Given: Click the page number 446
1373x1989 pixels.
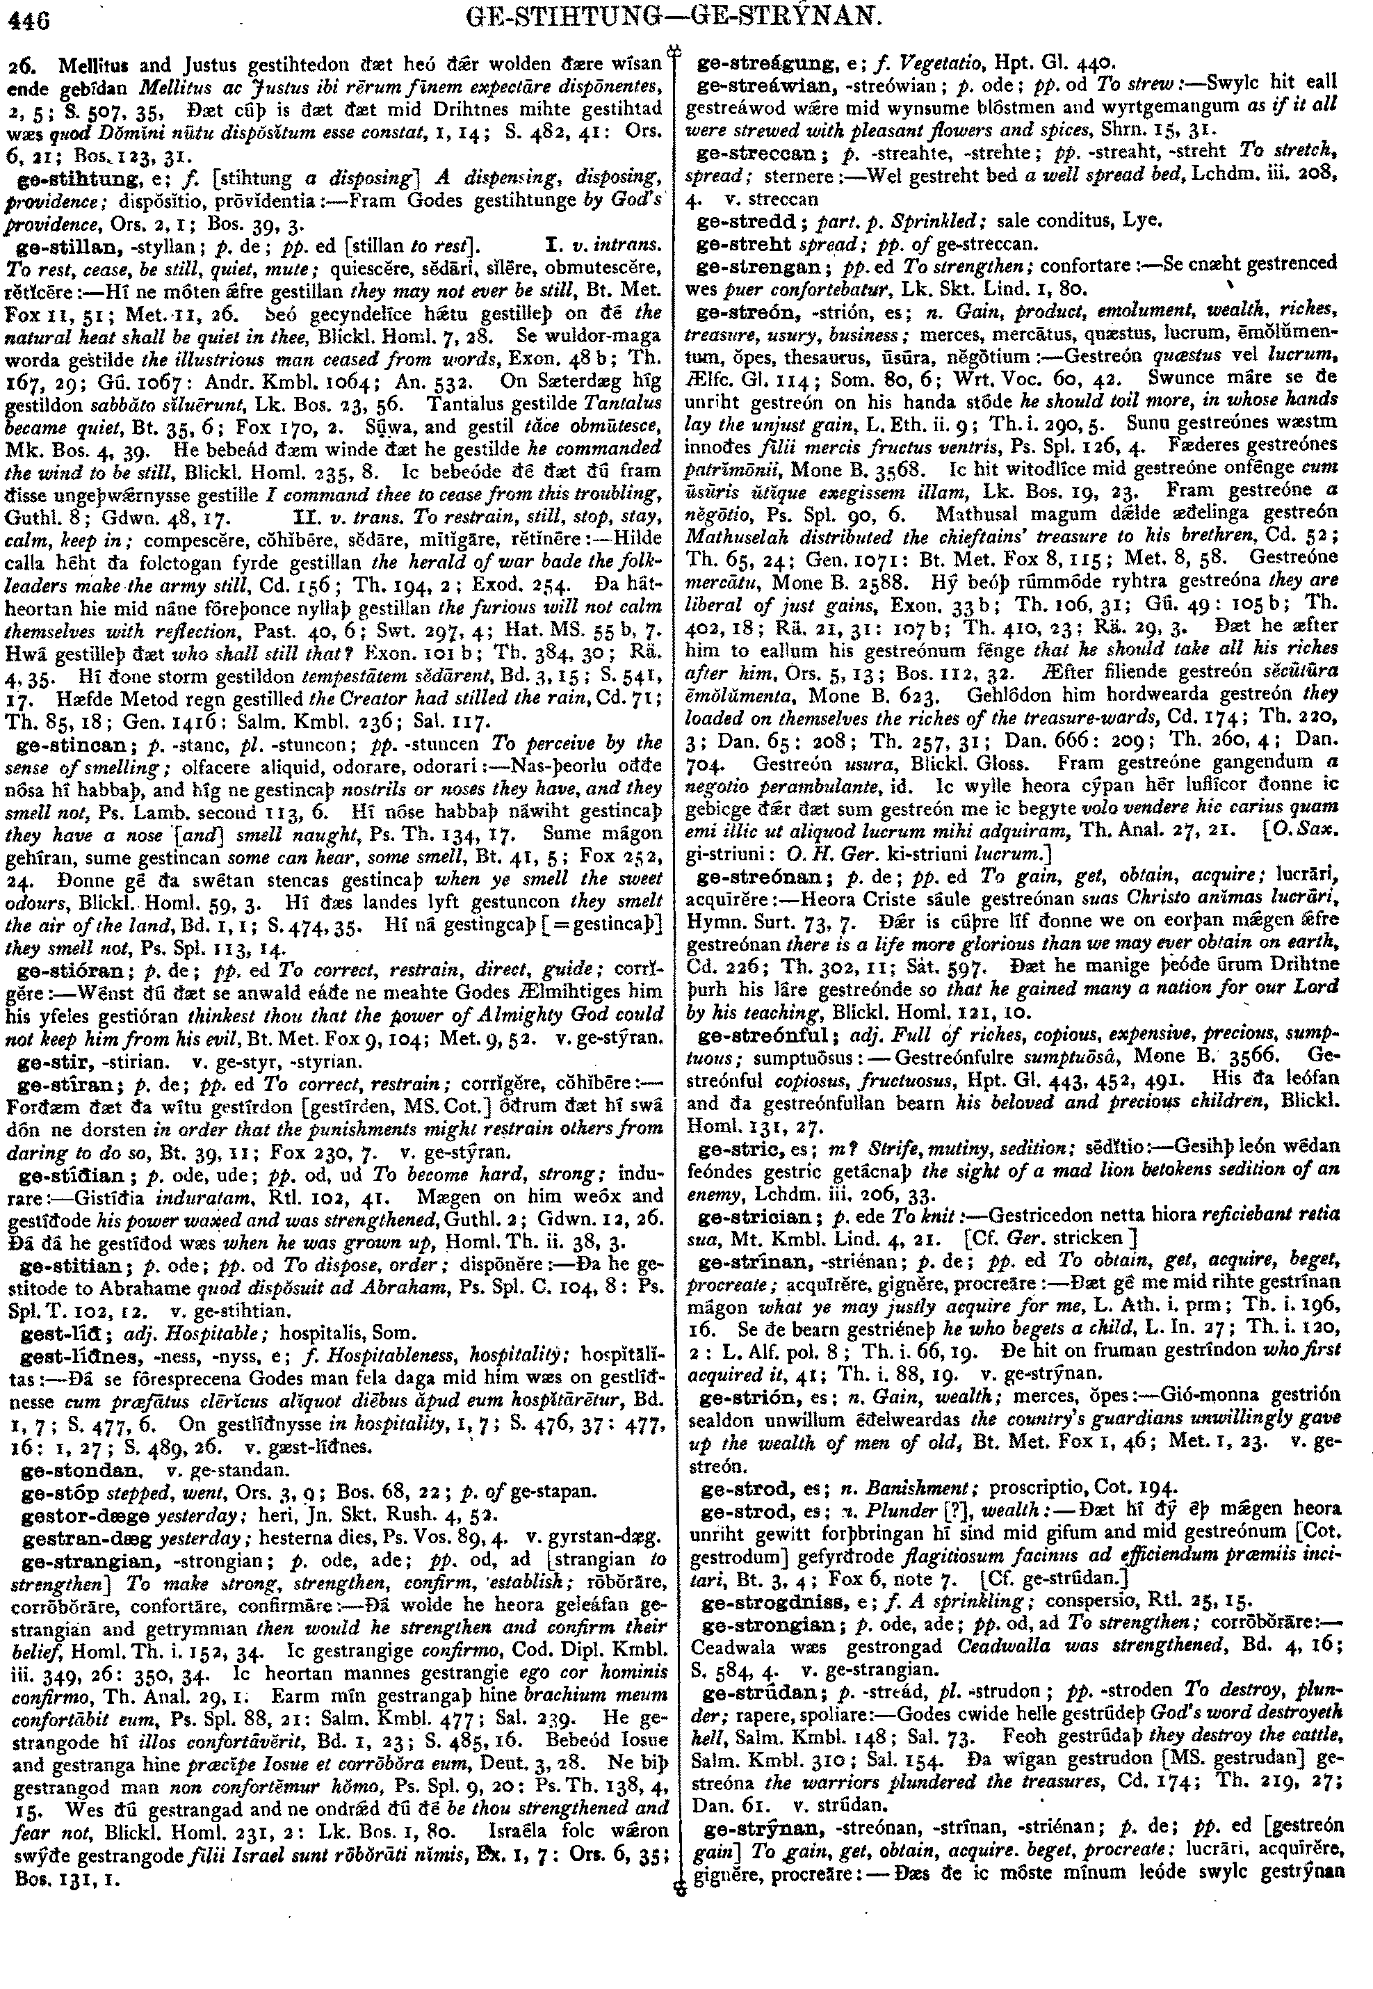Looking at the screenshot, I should click(x=29, y=17).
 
